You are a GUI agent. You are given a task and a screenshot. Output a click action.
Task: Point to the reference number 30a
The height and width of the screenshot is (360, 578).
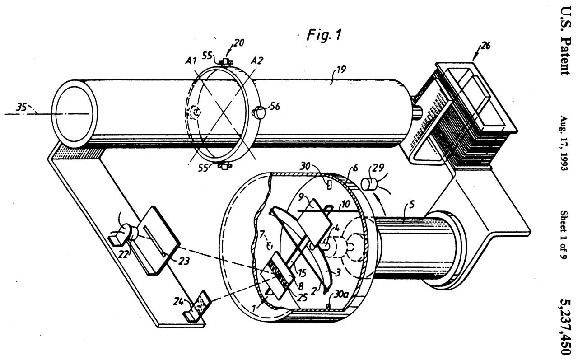[341, 295]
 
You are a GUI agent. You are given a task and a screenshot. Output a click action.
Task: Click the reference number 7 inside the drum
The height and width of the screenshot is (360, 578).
[262, 234]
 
